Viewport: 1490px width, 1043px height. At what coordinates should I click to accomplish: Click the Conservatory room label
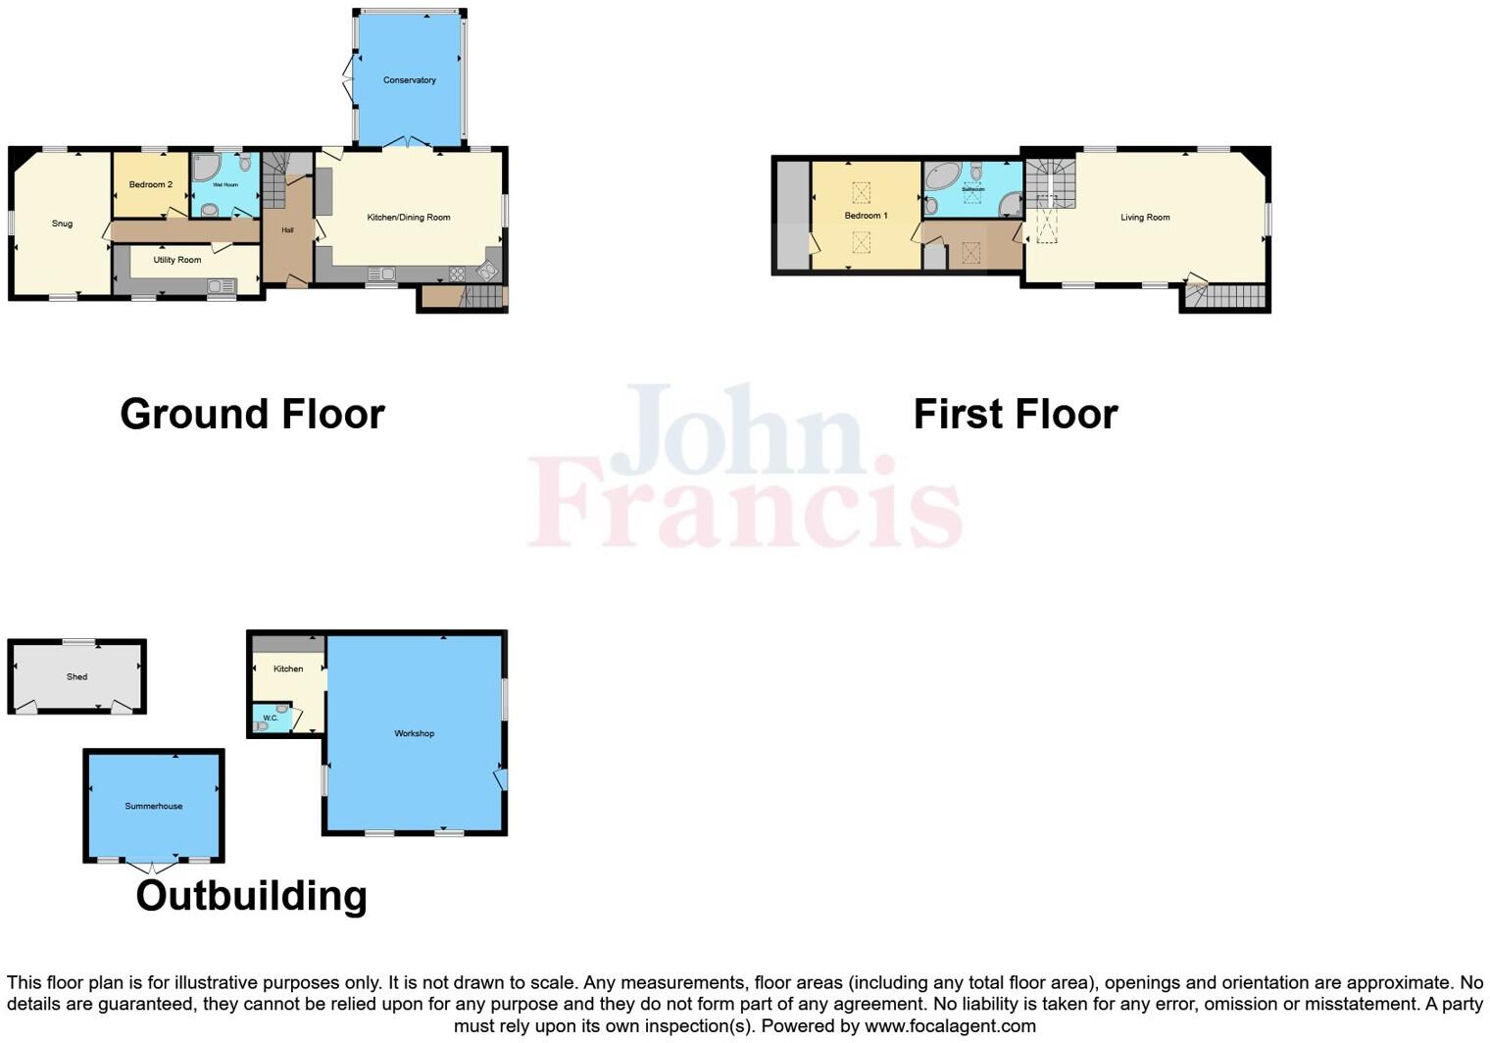[410, 80]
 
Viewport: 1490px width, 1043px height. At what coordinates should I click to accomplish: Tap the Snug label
[62, 223]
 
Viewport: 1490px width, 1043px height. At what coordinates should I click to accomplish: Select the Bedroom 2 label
[151, 184]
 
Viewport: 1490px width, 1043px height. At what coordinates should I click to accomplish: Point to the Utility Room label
[177, 260]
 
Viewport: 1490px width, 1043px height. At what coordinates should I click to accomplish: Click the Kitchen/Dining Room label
[409, 218]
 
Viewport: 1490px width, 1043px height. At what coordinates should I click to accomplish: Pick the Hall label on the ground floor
[287, 230]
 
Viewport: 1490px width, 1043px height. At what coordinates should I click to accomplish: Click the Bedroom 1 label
[866, 216]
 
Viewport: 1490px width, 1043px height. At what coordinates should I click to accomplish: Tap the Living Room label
[1145, 218]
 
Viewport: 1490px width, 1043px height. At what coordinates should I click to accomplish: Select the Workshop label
[414, 733]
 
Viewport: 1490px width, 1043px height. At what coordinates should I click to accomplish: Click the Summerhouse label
[154, 806]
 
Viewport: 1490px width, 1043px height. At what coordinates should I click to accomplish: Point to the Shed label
[76, 676]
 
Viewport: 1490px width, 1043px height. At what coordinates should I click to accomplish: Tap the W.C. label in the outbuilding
[271, 719]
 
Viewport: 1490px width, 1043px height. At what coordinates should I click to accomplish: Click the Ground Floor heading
[252, 414]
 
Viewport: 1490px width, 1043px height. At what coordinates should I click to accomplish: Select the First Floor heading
[1015, 414]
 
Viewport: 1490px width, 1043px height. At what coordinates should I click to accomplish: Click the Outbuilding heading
[251, 896]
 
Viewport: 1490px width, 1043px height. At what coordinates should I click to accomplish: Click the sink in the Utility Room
[222, 285]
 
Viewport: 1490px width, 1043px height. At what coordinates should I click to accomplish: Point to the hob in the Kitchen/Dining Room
[457, 273]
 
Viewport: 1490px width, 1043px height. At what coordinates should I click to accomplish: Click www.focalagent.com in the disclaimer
[949, 1026]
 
